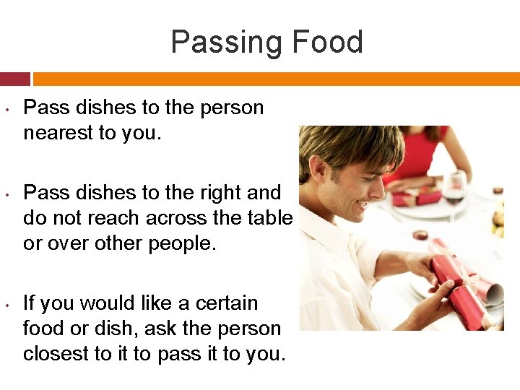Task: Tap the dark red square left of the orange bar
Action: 14,78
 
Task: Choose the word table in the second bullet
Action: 266,218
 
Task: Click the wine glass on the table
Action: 454,186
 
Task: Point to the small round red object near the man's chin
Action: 420,235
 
